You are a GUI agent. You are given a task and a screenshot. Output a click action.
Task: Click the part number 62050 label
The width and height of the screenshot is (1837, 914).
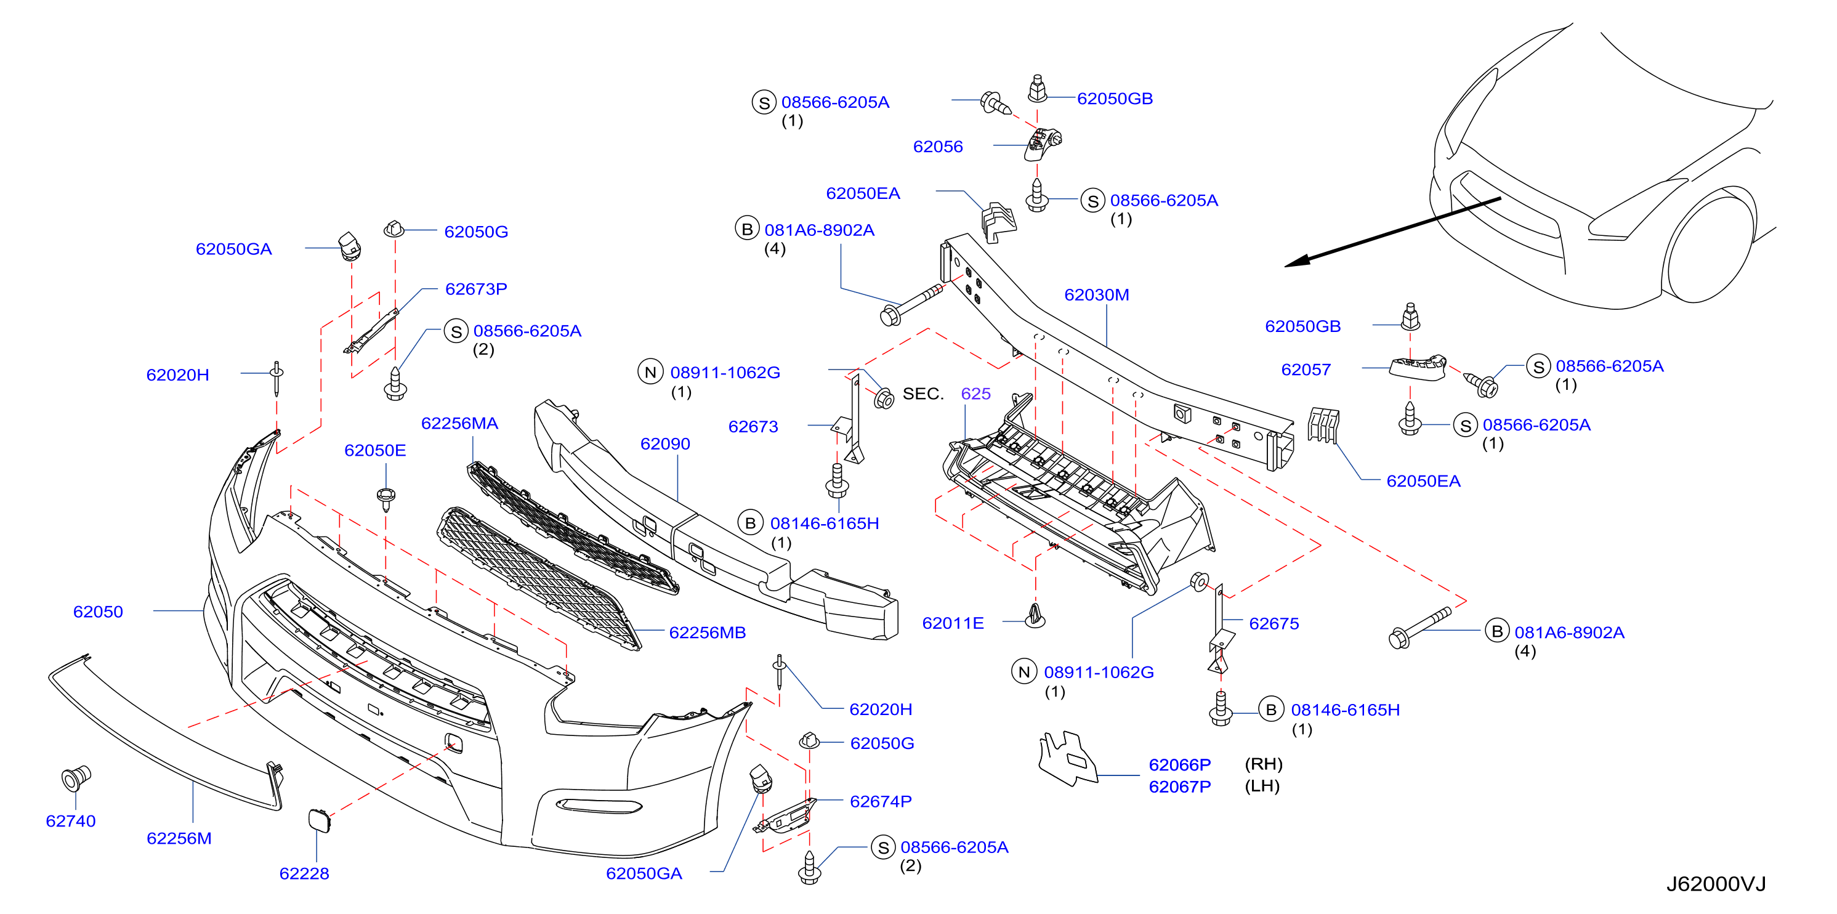[x=98, y=612]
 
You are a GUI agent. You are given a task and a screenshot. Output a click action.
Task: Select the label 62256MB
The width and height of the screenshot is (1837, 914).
[x=707, y=633]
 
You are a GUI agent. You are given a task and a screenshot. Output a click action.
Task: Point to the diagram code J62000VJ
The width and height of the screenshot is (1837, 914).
[x=1716, y=884]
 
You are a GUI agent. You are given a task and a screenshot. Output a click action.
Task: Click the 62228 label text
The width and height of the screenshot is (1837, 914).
[x=304, y=873]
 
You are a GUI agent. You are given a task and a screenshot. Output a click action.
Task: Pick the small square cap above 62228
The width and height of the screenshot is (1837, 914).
[x=319, y=820]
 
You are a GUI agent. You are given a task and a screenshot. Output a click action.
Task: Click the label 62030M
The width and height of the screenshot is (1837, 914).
[x=1096, y=294]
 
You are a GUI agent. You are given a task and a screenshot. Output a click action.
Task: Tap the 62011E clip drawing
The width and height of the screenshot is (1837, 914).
[x=1035, y=616]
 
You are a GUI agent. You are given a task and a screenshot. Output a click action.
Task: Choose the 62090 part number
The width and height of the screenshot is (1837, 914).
[x=664, y=443]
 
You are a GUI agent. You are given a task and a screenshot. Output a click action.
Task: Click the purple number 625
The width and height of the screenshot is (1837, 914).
[x=975, y=394]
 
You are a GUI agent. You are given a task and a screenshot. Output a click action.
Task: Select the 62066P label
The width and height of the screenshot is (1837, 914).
[x=1179, y=764]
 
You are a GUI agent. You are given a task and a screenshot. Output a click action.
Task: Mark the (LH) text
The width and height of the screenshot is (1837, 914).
[x=1262, y=786]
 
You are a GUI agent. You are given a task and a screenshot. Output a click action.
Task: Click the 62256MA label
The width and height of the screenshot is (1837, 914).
[x=459, y=424]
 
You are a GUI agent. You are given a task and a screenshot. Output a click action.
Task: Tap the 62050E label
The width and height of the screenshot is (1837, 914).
[x=375, y=451]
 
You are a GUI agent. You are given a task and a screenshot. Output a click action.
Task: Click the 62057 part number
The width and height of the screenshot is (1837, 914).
[x=1306, y=370]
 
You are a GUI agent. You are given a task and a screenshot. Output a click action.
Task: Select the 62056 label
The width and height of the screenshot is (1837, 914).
[x=938, y=146]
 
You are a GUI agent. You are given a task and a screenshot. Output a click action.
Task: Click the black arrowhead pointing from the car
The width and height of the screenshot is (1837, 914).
[x=1298, y=262]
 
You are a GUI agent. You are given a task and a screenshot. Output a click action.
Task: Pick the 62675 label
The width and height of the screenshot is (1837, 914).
[x=1274, y=624]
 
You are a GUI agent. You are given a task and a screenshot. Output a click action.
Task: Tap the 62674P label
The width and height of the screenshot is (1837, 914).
[x=881, y=801]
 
